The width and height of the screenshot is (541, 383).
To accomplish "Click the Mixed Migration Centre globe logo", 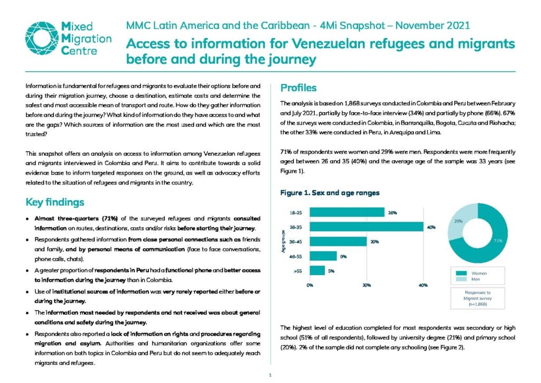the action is [42, 38].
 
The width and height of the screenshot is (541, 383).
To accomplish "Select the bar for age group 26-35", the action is [367, 227].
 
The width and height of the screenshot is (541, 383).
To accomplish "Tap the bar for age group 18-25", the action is [347, 212].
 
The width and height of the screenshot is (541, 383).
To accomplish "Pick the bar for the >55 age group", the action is [317, 271].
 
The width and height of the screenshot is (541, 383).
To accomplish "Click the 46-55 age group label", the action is [295, 257].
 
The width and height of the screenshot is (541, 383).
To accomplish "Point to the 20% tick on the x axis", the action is [367, 285].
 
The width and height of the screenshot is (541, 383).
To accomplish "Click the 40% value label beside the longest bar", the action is [431, 227].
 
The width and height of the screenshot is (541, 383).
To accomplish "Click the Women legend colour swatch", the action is [461, 273].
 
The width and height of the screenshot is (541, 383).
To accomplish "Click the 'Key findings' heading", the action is [55, 202].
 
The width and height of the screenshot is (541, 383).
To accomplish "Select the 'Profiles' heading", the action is [298, 88].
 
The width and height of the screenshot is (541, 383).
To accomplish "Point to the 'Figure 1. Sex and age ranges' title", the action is [330, 193].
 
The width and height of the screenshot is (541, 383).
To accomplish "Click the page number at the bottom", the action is [270, 375].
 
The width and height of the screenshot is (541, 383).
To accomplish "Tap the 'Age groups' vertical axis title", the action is [283, 241].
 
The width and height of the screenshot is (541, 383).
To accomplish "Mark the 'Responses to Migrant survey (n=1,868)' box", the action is [478, 298].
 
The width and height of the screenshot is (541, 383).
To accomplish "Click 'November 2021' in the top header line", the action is [432, 25].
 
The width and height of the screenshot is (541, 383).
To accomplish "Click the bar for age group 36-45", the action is [338, 241].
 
